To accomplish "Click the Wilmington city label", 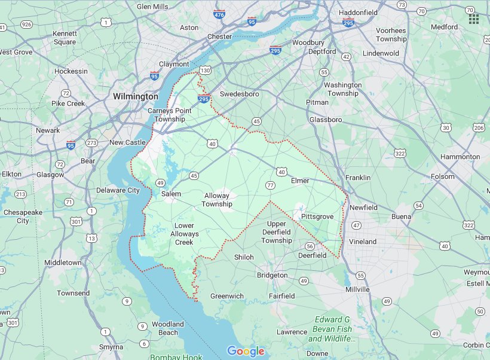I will (136, 96).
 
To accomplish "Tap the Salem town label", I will (171, 194).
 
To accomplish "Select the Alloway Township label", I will (216, 200).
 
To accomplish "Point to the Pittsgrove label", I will (317, 215).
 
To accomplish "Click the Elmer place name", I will (300, 181).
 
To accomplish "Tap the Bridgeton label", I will (272, 276).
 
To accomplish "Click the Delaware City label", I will (118, 191).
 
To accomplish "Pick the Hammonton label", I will (460, 157).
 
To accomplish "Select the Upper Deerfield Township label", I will (277, 232).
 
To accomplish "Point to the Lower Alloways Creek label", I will (183, 234).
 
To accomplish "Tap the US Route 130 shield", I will (205, 71).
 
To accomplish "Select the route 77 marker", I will (271, 186).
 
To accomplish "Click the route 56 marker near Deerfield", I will (310, 246).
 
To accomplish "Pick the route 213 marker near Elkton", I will (20, 194).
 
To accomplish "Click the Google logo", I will (246, 351).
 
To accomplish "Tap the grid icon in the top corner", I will (474, 18).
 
